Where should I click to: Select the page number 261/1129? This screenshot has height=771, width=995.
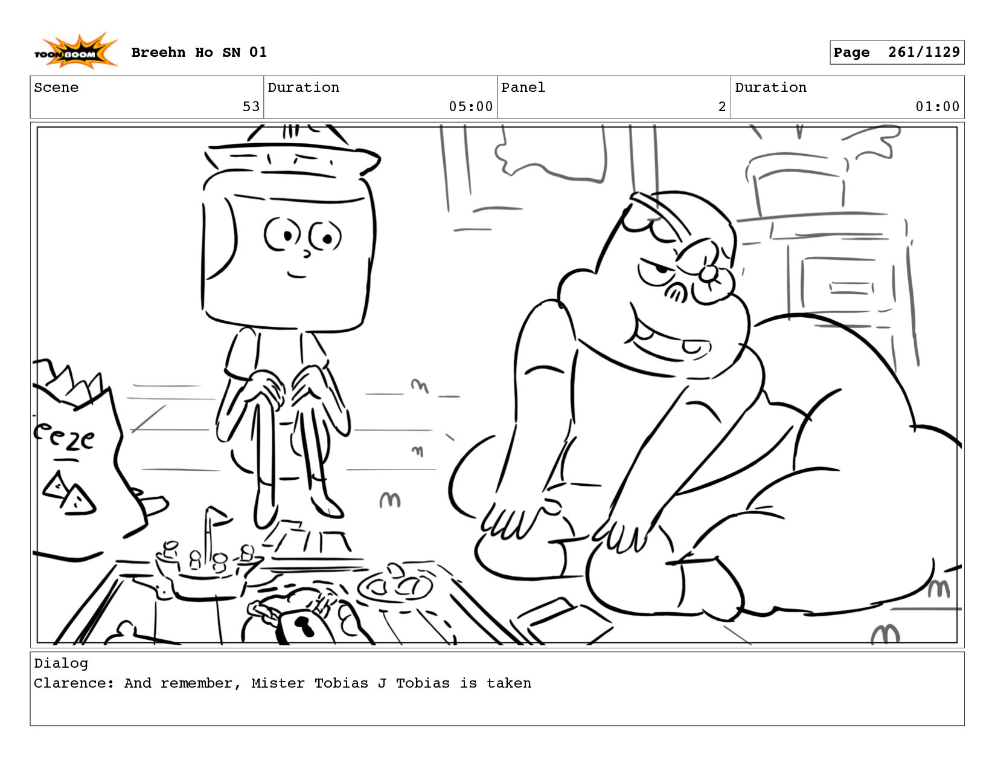point(924,52)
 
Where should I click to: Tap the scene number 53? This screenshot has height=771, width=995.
point(251,107)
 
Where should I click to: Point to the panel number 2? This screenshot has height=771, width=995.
point(722,107)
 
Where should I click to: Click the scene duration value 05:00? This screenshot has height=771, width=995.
point(470,107)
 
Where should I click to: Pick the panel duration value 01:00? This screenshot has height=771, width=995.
point(937,107)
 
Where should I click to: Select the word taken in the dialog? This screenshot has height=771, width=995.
point(509,683)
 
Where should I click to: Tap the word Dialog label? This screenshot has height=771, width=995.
point(61,663)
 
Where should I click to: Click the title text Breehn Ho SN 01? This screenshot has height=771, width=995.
point(199,52)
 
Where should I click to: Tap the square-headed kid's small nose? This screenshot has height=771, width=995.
point(307,253)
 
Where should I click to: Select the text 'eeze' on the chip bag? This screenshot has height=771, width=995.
point(64,437)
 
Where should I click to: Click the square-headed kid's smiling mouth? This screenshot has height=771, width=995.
point(296,275)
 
